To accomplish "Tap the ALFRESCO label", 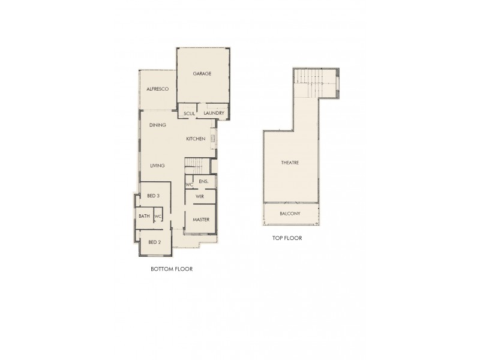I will [157, 89].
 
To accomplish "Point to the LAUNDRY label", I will [214, 113].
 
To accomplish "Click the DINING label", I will [158, 125].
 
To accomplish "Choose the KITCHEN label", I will [196, 139].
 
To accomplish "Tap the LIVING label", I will [158, 166].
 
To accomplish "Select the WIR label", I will [200, 196].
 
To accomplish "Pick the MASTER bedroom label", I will [200, 220].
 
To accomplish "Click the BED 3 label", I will [153, 196].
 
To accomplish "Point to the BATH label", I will [144, 216].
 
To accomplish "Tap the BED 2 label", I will [155, 242].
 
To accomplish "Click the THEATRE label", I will [290, 163].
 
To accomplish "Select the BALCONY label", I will [290, 214].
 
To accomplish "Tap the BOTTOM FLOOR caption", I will [171, 269].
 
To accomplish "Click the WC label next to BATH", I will [158, 217].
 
